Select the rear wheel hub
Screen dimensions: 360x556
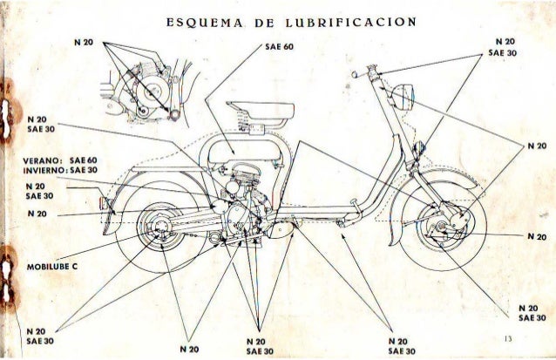pos(159,229)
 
